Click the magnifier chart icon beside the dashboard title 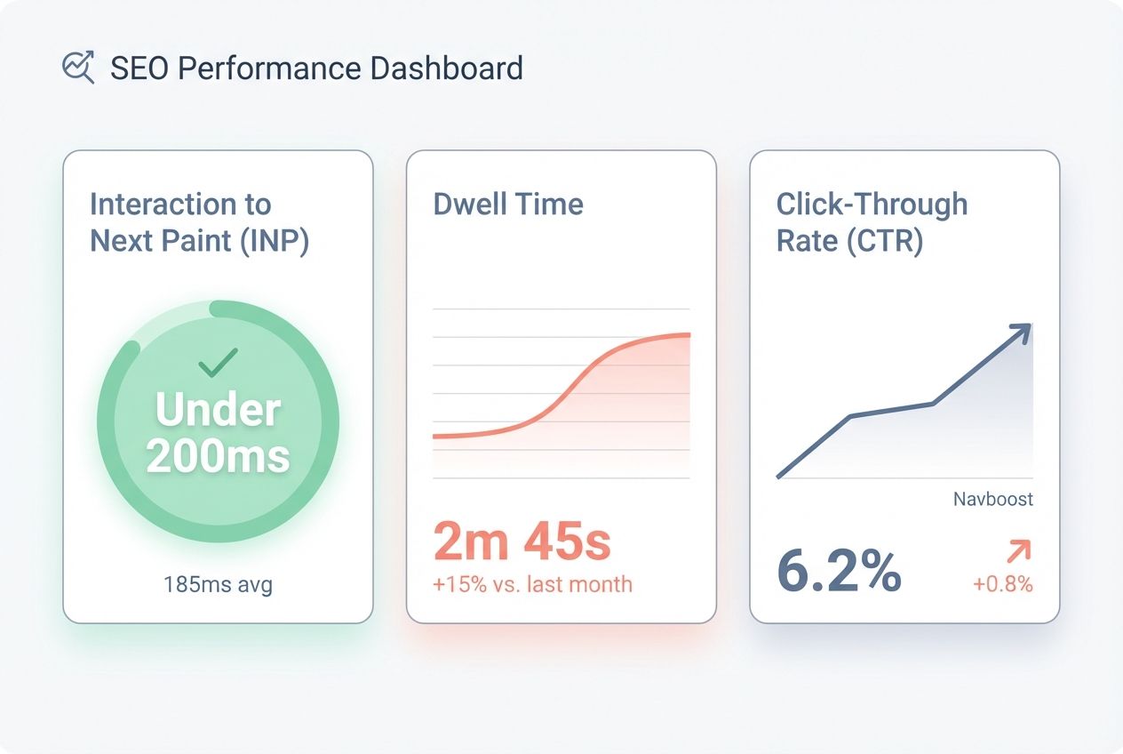point(78,68)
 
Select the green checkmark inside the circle point(218,363)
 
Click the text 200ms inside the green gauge point(218,456)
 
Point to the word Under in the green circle point(218,411)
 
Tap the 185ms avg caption point(218,584)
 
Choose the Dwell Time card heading point(508,205)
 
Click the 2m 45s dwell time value point(522,542)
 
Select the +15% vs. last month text point(533,584)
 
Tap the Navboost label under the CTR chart point(992,499)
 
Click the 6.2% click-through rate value point(839,572)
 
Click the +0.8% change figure point(1002,584)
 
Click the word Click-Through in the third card point(872,205)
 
